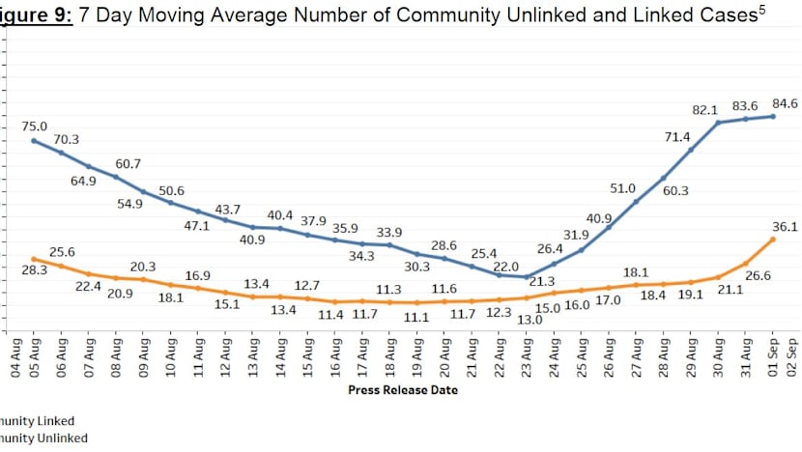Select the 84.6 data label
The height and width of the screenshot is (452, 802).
coord(784,103)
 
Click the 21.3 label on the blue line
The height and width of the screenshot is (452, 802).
coord(541,281)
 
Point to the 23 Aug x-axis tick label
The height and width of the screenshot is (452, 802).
coord(527,354)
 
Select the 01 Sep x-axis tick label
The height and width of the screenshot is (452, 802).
coord(773,354)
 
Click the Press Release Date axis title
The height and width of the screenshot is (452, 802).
coord(402,390)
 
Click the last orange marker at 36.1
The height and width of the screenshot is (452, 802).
coord(773,239)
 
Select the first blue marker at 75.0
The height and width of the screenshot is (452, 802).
coord(35,140)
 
